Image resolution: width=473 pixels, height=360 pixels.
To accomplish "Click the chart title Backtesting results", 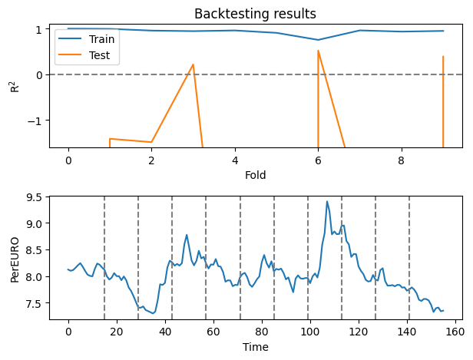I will pos(254,14).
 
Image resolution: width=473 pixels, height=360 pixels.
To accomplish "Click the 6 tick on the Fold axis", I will pos(318,160).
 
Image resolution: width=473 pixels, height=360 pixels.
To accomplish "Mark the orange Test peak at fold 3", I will pos(193,64).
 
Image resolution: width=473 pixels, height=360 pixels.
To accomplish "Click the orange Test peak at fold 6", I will pos(318,51).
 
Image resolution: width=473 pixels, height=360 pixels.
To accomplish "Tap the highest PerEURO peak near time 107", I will pos(327,202).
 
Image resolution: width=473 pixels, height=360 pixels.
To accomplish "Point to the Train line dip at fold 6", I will pos(318,40).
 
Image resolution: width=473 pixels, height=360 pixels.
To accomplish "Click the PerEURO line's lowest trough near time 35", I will pos(154,313).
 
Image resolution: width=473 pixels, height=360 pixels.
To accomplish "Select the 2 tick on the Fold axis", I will pos(151,160).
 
